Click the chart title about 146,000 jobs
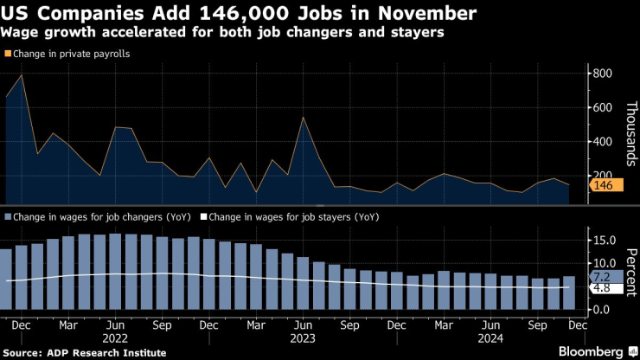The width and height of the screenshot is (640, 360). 239,14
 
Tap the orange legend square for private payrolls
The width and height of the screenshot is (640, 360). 7,54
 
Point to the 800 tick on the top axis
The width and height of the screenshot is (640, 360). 601,74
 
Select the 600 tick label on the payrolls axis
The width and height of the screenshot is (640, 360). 601,108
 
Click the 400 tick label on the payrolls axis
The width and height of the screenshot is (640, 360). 601,142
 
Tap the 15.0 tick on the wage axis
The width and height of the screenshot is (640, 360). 604,240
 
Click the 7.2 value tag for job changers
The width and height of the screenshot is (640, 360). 604,277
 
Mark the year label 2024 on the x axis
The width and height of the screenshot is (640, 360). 491,340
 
